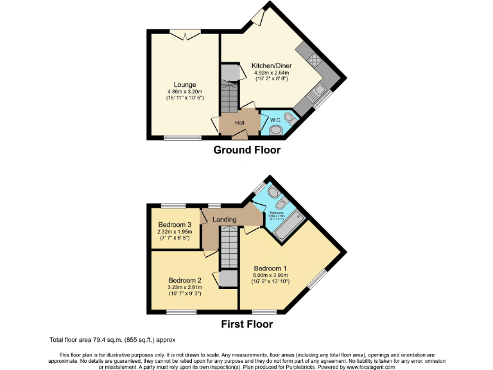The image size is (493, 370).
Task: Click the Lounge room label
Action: pyautogui.click(x=185, y=85)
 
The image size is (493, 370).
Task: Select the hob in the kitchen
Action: pyautogui.click(x=315, y=61)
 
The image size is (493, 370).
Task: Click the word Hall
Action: pyautogui.click(x=239, y=123)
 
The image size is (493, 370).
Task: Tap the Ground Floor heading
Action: pyautogui.click(x=246, y=150)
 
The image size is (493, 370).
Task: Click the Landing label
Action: pyautogui.click(x=224, y=220)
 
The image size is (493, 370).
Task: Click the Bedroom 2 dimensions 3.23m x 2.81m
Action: pyautogui.click(x=185, y=288)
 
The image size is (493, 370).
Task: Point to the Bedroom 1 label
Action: pyautogui.click(x=270, y=269)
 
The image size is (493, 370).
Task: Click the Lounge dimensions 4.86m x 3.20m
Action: pyautogui.click(x=185, y=91)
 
